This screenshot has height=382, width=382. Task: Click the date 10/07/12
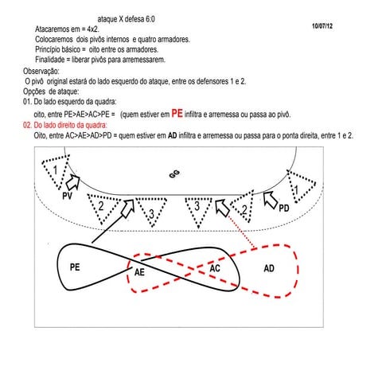point(322,26)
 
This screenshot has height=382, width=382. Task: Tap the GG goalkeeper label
point(174,174)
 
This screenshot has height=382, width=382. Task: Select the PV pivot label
point(67,196)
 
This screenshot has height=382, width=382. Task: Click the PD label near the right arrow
point(284,209)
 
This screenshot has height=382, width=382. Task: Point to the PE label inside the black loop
point(75,267)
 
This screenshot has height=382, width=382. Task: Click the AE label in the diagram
point(139,272)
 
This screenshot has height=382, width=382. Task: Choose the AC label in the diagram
point(215,268)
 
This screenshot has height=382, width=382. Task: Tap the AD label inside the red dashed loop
point(269,268)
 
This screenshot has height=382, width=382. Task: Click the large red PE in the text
point(177,114)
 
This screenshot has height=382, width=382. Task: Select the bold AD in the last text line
point(173,135)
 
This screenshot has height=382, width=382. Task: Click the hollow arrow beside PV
point(72,181)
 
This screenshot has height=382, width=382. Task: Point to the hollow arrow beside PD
point(271,200)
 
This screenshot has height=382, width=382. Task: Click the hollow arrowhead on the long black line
point(128,209)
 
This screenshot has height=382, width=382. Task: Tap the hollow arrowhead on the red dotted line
point(222,208)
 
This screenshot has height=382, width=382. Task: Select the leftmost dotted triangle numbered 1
point(56,172)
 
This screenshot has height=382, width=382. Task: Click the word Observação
point(41,71)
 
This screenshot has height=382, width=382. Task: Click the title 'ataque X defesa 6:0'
point(127,19)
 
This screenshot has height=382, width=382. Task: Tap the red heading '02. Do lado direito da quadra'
point(65,125)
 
